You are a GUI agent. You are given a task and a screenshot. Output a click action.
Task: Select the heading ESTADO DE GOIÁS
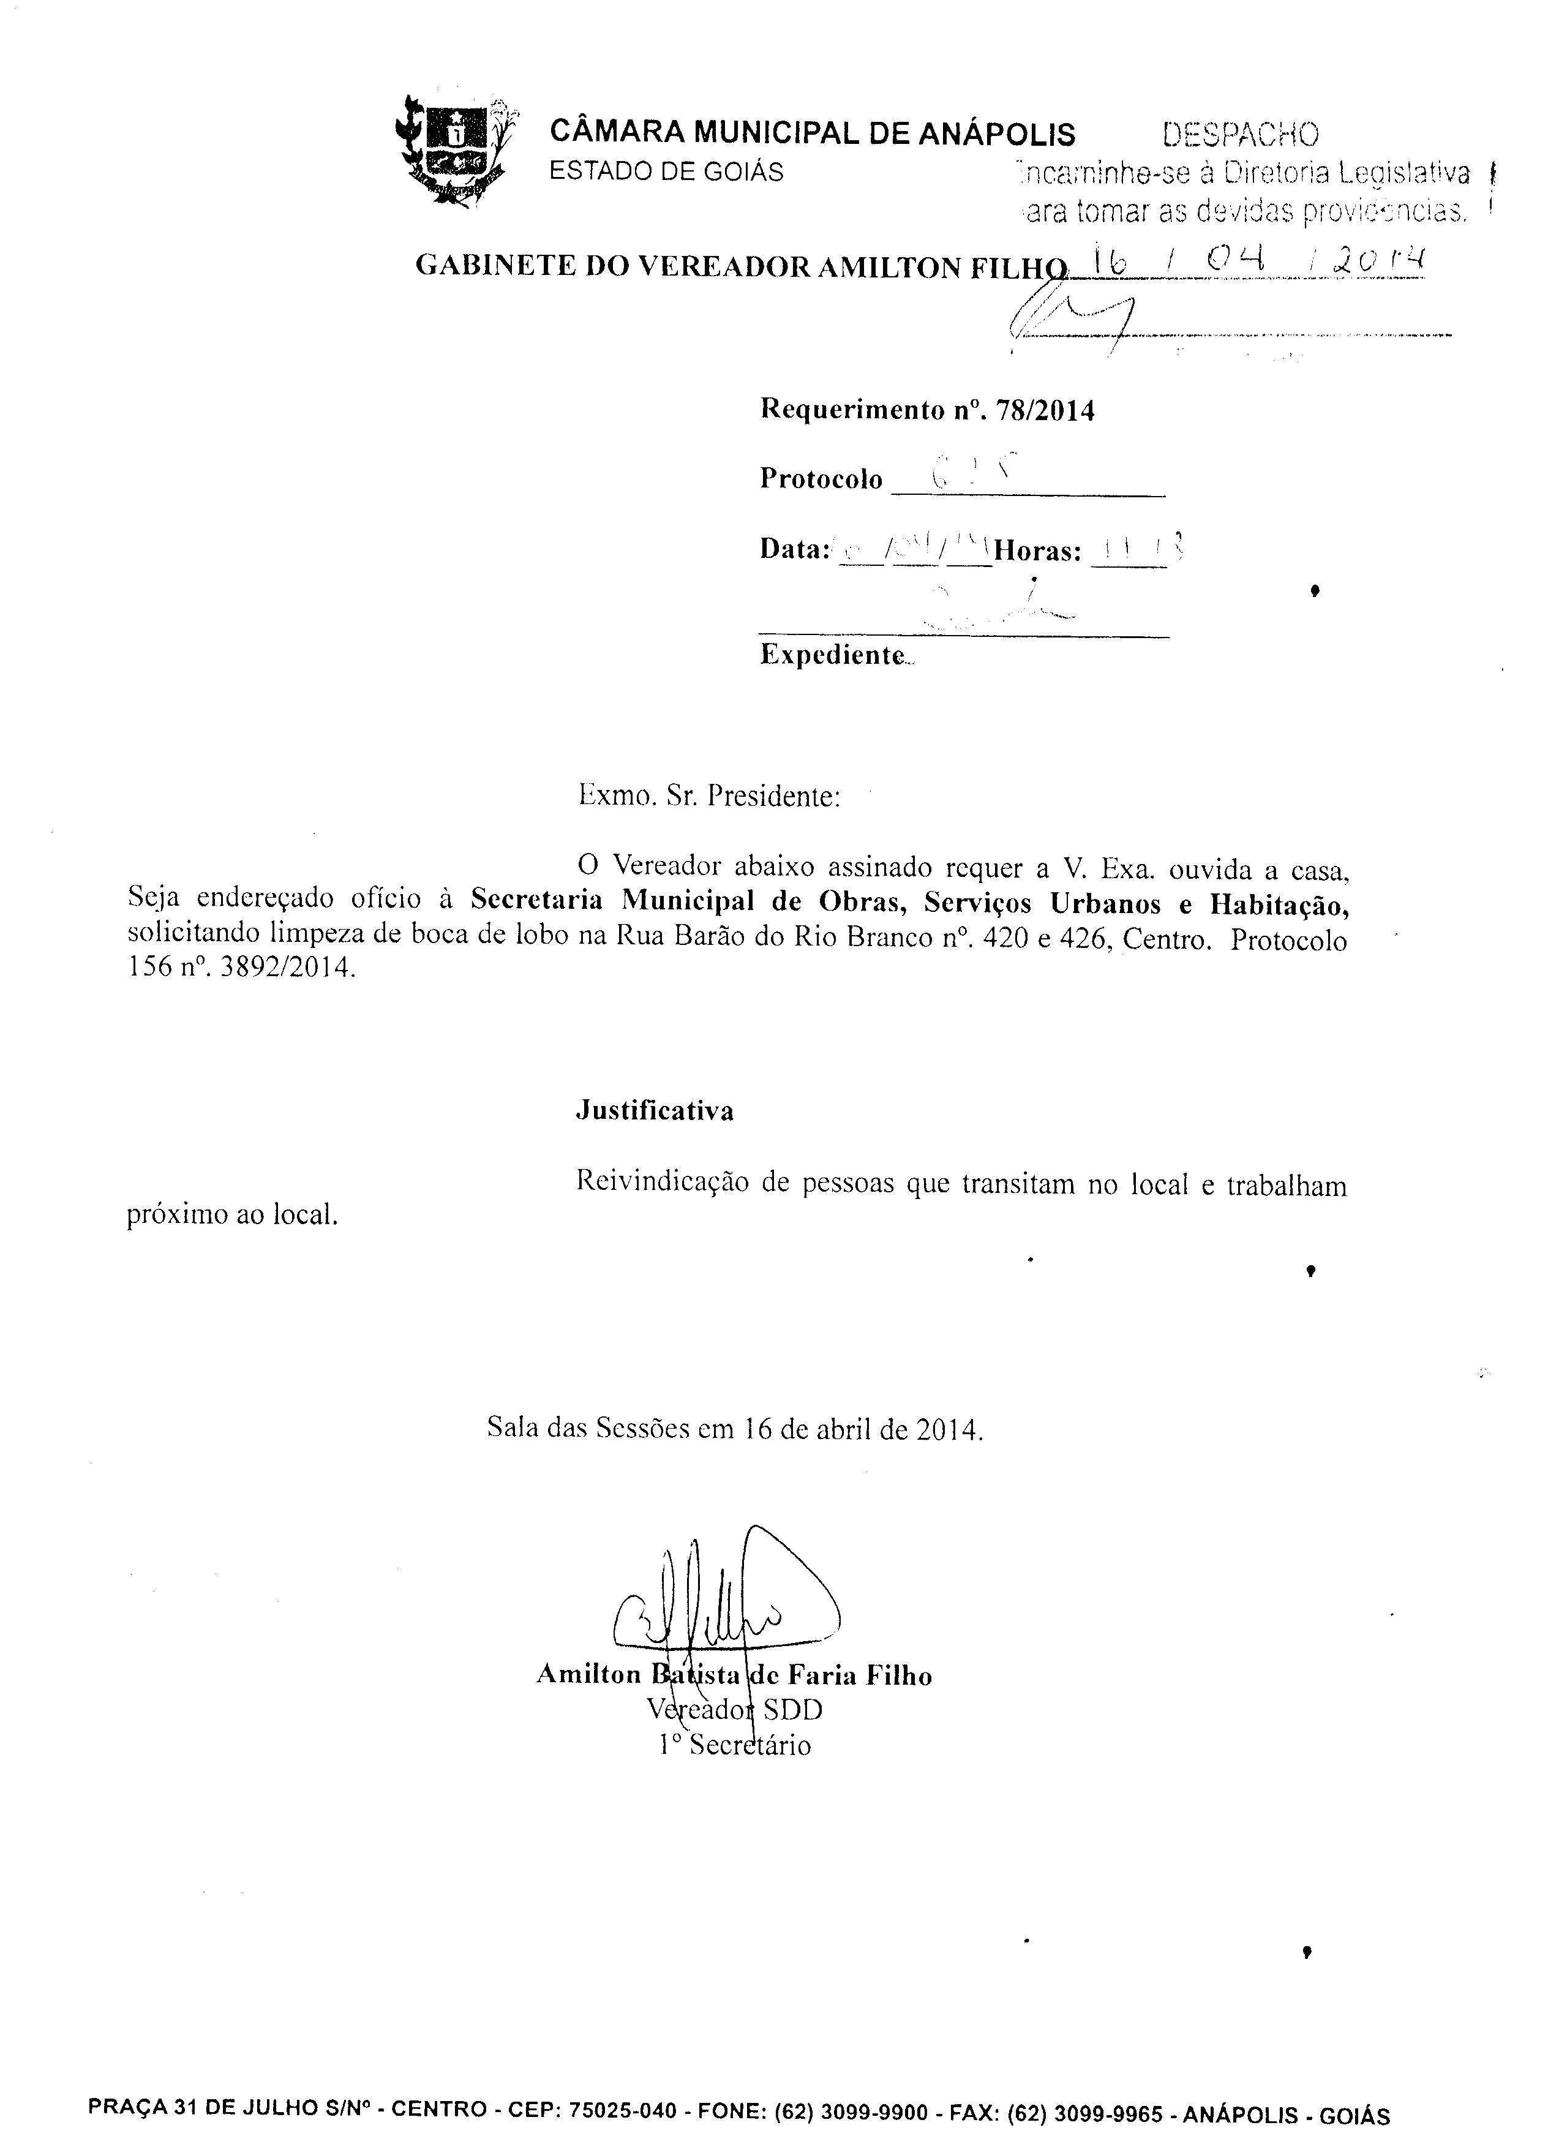pos(667,171)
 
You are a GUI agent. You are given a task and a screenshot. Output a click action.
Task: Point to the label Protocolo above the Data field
pos(821,479)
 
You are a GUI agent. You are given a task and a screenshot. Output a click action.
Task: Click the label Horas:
pos(1038,551)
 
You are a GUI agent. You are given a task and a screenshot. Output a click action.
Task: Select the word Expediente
pos(833,655)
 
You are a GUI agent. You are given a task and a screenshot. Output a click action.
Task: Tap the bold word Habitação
pos(1279,905)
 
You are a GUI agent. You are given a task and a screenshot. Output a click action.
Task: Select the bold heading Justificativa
pos(654,1110)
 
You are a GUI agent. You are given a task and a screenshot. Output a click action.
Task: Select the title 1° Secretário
pos(735,1745)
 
